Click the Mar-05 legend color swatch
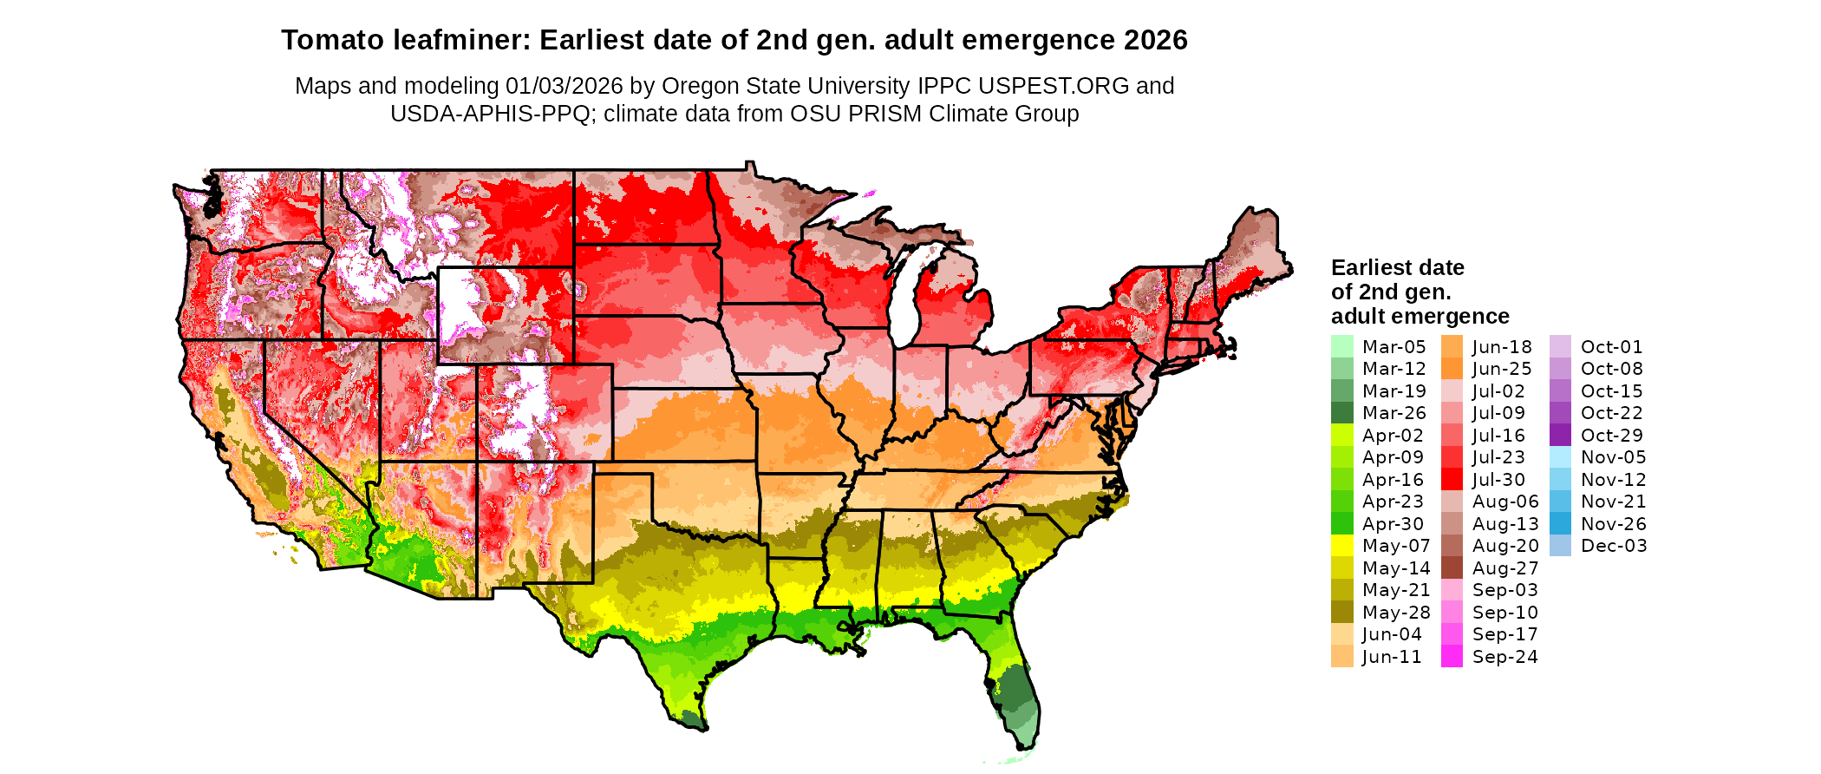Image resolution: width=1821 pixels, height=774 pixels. pyautogui.click(x=1341, y=346)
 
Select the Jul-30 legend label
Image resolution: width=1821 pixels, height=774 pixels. pyautogui.click(x=1498, y=479)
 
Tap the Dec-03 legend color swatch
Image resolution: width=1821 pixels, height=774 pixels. pyautogui.click(x=1560, y=546)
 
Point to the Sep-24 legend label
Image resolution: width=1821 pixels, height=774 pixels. pyautogui.click(x=1504, y=657)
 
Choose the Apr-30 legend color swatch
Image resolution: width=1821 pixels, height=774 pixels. pyautogui.click(x=1341, y=523)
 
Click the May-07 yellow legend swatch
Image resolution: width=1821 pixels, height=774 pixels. pyautogui.click(x=1341, y=546)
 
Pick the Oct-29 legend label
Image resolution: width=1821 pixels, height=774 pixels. pyautogui.click(x=1611, y=435)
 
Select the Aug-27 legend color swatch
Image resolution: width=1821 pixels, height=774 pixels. pyautogui.click(x=1452, y=567)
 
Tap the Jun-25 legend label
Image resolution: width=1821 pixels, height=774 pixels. pyautogui.click(x=1502, y=369)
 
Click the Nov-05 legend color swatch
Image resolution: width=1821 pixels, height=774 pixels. pyautogui.click(x=1560, y=457)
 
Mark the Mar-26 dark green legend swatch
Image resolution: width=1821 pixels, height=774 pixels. pyautogui.click(x=1341, y=413)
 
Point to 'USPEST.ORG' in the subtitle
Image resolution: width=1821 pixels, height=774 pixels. pyautogui.click(x=1054, y=86)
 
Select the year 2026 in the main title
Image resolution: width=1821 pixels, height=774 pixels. pyautogui.click(x=1156, y=40)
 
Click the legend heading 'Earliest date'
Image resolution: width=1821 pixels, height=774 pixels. pyautogui.click(x=1397, y=267)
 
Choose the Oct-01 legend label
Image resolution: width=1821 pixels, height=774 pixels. pyautogui.click(x=1611, y=346)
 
